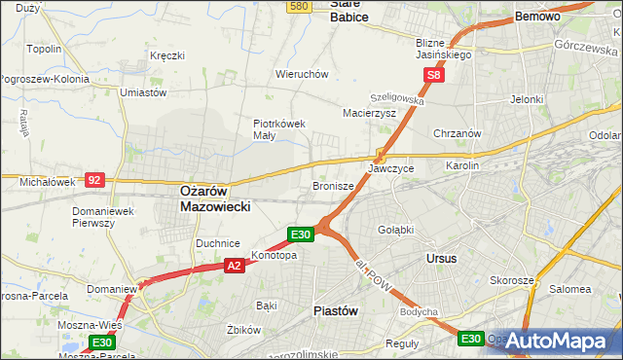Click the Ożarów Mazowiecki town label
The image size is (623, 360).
[216, 199]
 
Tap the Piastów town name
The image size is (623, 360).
[337, 310]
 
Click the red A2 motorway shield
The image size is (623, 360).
[234, 265]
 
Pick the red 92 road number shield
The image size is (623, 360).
[93, 180]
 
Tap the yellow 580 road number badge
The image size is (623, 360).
[300, 6]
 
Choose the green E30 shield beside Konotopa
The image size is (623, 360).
[300, 234]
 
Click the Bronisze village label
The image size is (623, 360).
[333, 185]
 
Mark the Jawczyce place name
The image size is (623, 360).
[391, 168]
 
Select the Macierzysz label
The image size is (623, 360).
[369, 113]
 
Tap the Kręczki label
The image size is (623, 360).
[167, 55]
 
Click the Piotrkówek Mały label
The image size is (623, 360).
[280, 129]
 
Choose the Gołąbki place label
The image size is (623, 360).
[395, 229]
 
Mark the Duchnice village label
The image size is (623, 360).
[218, 242]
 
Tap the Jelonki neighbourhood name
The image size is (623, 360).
[526, 99]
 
